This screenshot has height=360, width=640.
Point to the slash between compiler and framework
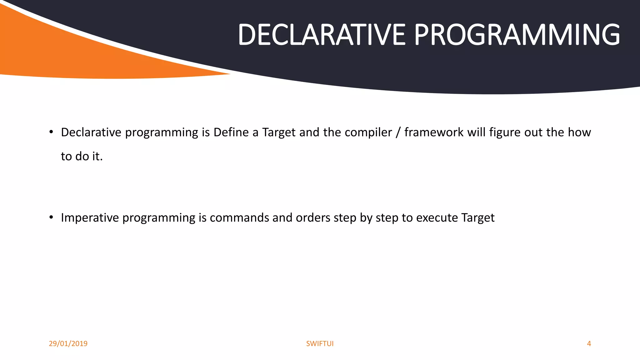(x=398, y=132)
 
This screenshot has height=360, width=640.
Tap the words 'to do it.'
(x=82, y=156)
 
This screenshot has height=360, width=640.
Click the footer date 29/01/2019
(x=68, y=343)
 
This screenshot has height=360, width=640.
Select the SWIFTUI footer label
(x=320, y=343)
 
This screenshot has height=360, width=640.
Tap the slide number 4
(x=589, y=343)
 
